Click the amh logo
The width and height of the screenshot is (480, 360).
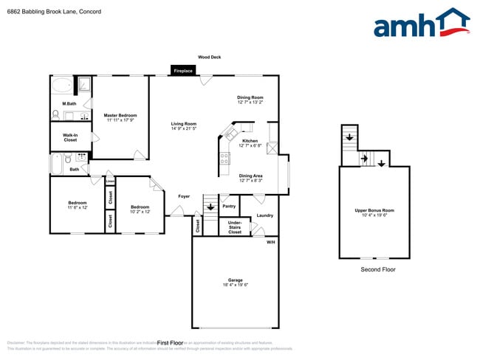pyautogui.click(x=421, y=24)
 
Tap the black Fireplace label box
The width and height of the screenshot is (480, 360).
pyautogui.click(x=183, y=71)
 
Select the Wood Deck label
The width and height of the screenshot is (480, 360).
pyautogui.click(x=209, y=57)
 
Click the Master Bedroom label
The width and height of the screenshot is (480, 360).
pyautogui.click(x=120, y=117)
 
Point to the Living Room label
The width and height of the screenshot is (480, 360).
pyautogui.click(x=184, y=125)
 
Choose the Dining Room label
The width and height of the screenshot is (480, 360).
pyautogui.click(x=250, y=100)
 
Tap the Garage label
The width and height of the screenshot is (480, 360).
pyautogui.click(x=236, y=283)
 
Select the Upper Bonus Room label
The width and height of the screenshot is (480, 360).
pyautogui.click(x=374, y=212)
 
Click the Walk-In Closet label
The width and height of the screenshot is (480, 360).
pyautogui.click(x=70, y=137)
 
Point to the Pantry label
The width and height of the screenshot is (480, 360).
pyautogui.click(x=229, y=207)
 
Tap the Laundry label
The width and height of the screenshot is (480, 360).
pyautogui.click(x=264, y=215)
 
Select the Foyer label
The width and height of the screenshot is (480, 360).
pyautogui.click(x=185, y=196)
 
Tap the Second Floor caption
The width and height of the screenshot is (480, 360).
pyautogui.click(x=378, y=270)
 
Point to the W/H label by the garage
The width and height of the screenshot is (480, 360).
pyautogui.click(x=270, y=242)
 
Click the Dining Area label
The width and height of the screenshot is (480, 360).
pyautogui.click(x=251, y=177)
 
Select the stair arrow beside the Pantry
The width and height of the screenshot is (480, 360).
pyautogui.click(x=210, y=207)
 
